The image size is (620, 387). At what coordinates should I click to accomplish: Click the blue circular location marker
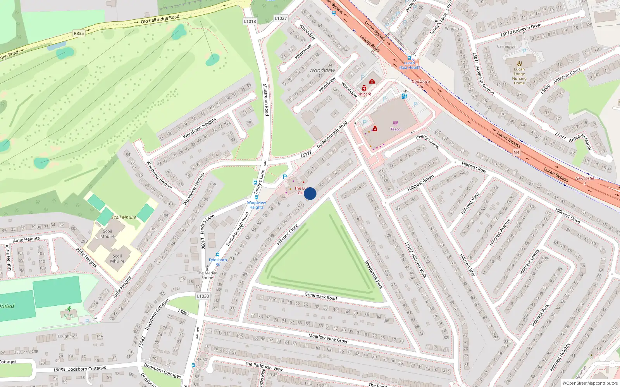click(310, 193)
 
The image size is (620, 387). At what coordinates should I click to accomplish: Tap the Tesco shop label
click(395, 129)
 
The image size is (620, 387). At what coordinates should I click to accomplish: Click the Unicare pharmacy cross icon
click(364, 88)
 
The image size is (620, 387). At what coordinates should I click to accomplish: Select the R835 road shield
click(79, 33)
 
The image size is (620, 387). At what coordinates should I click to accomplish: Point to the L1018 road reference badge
click(250, 21)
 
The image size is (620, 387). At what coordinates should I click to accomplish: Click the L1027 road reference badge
click(281, 18)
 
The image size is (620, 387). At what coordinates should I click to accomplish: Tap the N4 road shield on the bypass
click(516, 152)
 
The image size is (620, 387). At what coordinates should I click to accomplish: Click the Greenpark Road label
click(320, 296)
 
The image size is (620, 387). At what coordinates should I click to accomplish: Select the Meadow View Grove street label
click(328, 339)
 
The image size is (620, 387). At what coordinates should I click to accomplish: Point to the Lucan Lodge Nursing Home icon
click(519, 63)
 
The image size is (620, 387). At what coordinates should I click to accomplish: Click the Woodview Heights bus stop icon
click(256, 197)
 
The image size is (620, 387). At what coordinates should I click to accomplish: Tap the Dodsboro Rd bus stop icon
click(218, 255)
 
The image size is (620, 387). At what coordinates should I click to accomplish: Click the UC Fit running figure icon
click(69, 309)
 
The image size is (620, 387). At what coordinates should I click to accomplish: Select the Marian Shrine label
click(207, 275)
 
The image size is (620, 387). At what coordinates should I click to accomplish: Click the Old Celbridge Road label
click(160, 19)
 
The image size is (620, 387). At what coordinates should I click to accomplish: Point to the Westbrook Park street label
click(374, 274)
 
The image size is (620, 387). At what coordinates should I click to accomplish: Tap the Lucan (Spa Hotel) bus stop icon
click(409, 58)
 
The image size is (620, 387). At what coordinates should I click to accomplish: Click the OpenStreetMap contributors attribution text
click(590, 384)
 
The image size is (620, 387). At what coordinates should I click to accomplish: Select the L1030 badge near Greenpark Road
click(203, 296)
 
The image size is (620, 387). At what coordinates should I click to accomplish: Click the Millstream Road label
click(266, 99)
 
